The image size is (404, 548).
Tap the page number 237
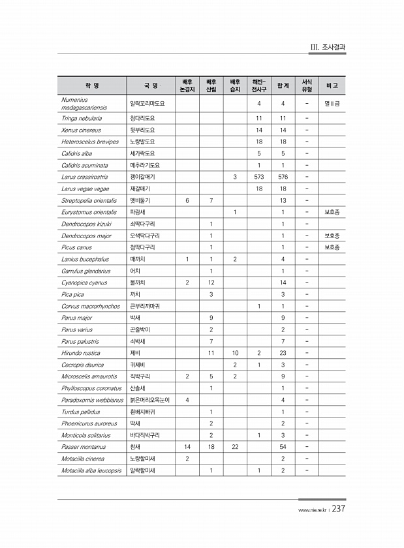click(338, 510)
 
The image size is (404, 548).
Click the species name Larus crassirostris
click(85, 177)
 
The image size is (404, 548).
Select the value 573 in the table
click(258, 177)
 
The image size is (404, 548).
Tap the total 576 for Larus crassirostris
click(283, 177)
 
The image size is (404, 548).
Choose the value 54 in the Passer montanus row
click(283, 447)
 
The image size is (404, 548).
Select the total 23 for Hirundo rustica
click(283, 353)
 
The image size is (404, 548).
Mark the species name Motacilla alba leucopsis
click(91, 470)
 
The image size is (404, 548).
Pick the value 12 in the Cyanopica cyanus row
click(211, 282)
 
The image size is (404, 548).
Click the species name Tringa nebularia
click(81, 118)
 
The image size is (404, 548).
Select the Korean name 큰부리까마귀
click(147, 306)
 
